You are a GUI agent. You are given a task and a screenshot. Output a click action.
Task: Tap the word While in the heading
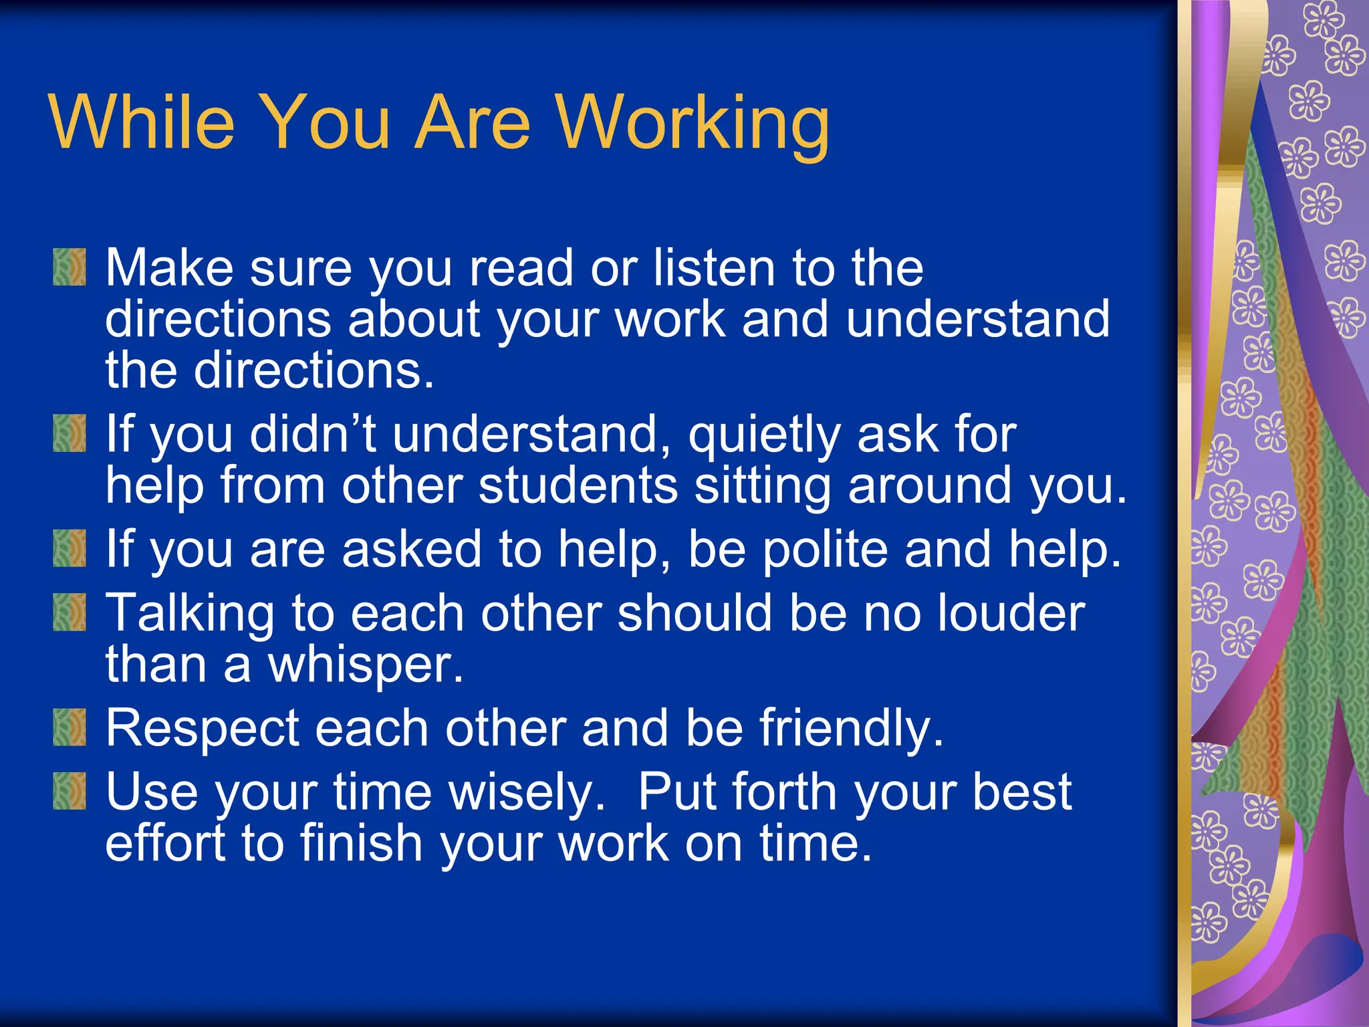pyautogui.click(x=142, y=122)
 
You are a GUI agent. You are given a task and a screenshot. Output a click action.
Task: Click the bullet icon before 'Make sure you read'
pyautogui.click(x=70, y=267)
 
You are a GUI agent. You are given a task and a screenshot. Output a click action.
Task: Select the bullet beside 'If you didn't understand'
pyautogui.click(x=70, y=433)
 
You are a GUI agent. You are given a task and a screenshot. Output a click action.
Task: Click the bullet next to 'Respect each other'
pyautogui.click(x=70, y=727)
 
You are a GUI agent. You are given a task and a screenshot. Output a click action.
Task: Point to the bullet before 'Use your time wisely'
pyautogui.click(x=70, y=791)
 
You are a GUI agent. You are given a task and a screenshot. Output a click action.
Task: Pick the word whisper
pyautogui.click(x=365, y=665)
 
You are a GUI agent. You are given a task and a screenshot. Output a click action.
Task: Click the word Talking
pyautogui.click(x=190, y=614)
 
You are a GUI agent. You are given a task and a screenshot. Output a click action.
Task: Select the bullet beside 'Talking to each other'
pyautogui.click(x=70, y=612)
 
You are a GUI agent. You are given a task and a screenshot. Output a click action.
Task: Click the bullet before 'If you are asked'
pyautogui.click(x=70, y=548)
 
